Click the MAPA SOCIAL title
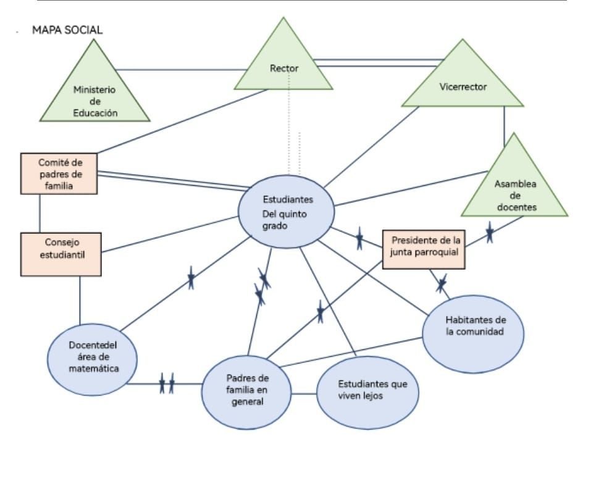pos(67,30)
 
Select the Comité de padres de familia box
pos(59,173)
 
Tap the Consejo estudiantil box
pos(61,253)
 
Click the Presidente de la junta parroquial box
pos(424,249)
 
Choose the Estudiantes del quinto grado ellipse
pos(287,212)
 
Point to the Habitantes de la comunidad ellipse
pos(473,333)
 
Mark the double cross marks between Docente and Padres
pos(167,383)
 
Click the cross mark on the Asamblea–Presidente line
pos(489,233)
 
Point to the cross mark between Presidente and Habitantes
pos(441,283)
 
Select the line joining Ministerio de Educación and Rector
pos(179,69)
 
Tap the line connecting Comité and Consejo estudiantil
pos(40,213)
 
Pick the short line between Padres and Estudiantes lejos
pos(304,393)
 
